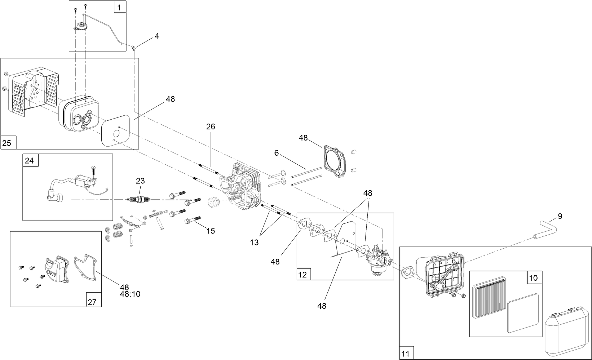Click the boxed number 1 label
[120, 6]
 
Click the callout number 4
[157, 36]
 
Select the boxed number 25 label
[7, 143]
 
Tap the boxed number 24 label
[29, 160]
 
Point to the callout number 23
[140, 181]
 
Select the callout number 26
[211, 126]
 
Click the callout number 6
[277, 153]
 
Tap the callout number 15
[211, 231]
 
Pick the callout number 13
[255, 243]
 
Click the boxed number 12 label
[302, 275]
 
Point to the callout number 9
[560, 216]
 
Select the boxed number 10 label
[533, 278]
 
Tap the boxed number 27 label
[92, 302]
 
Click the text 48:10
[130, 294]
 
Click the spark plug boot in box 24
[57, 198]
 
